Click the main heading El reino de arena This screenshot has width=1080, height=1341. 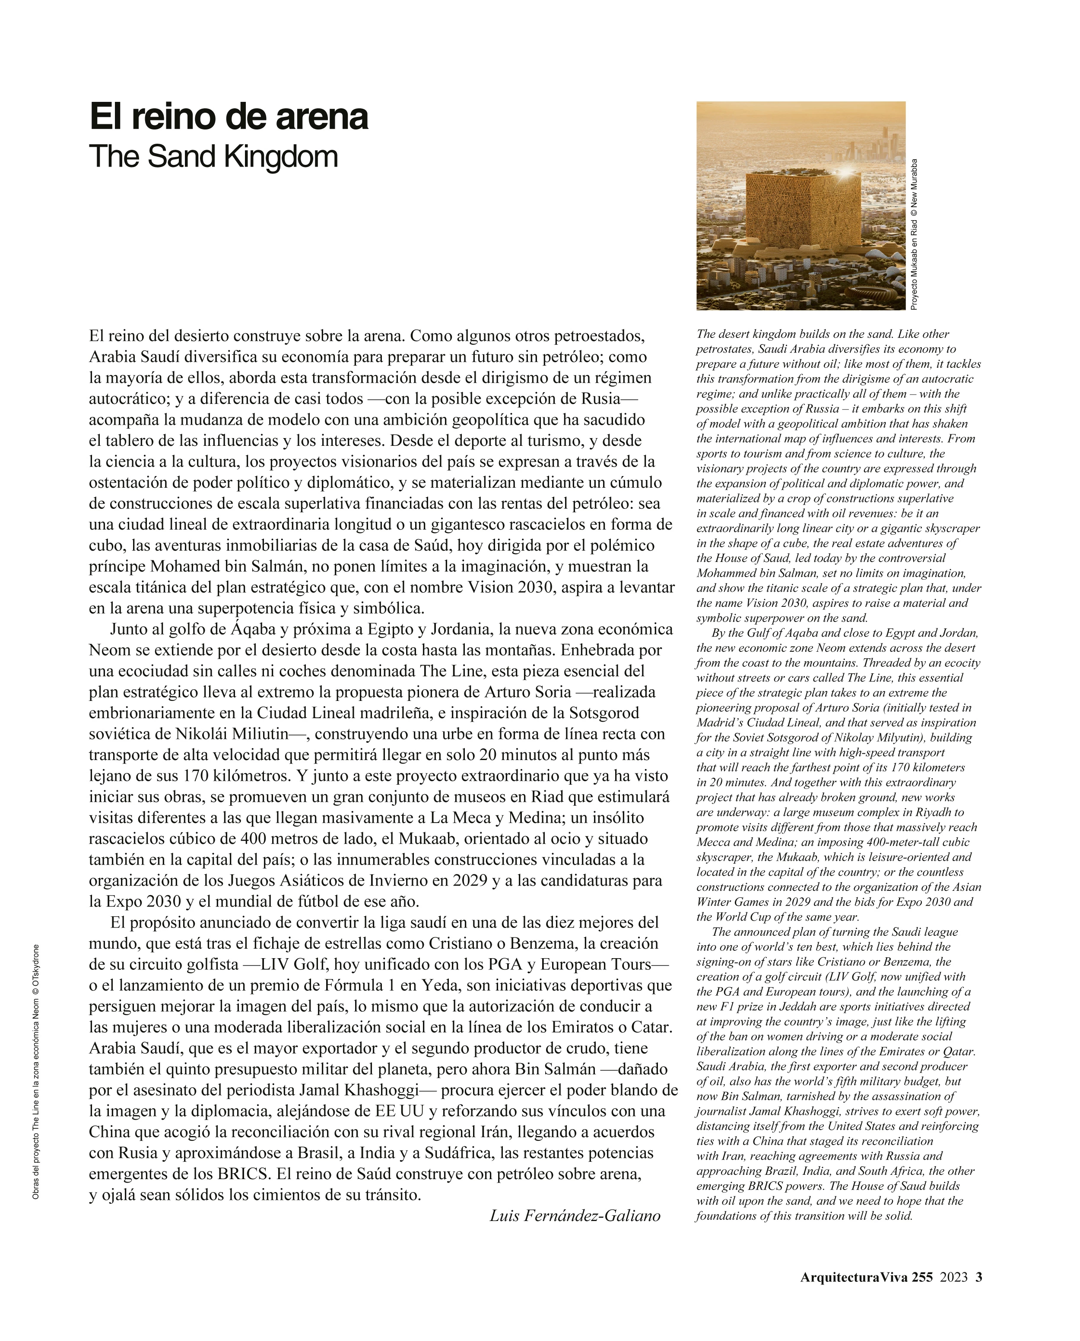coord(229,117)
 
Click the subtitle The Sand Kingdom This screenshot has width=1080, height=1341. coord(213,157)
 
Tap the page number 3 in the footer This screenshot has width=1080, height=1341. coord(978,1277)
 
